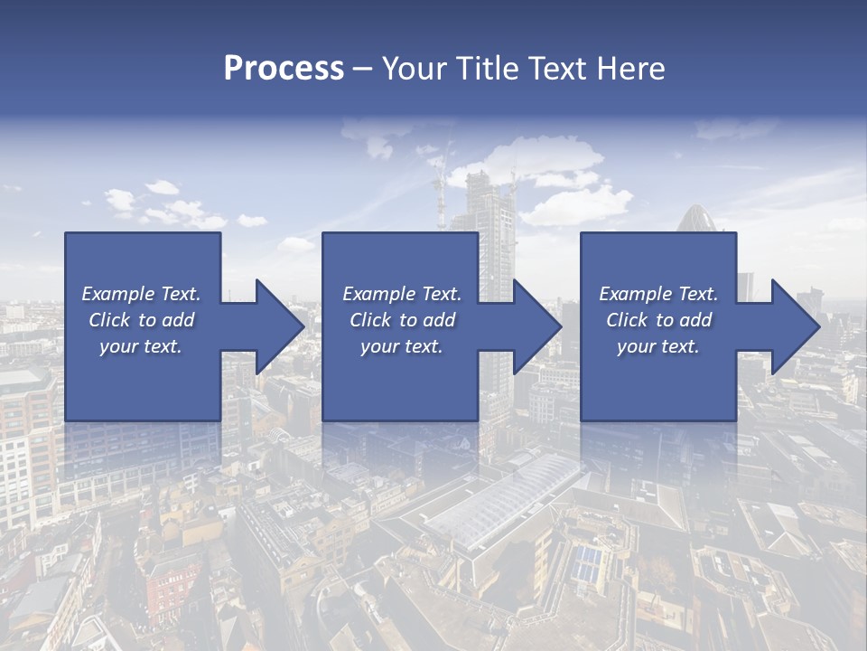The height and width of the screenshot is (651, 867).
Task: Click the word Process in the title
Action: (284, 68)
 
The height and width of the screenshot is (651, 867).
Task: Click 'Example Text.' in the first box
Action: (141, 293)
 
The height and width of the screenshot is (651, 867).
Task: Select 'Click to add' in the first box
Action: (141, 319)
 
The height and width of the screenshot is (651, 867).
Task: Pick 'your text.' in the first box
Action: (141, 345)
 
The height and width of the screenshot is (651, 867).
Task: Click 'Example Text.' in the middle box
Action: (401, 293)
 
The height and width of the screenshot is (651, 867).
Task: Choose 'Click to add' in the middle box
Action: (401, 319)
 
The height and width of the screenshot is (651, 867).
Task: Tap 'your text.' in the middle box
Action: (401, 345)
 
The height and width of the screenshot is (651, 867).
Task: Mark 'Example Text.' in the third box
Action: (658, 293)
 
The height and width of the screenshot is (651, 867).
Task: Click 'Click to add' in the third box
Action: (658, 319)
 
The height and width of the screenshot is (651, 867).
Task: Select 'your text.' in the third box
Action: (658, 345)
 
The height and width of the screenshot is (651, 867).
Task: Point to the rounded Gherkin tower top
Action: (695, 218)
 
